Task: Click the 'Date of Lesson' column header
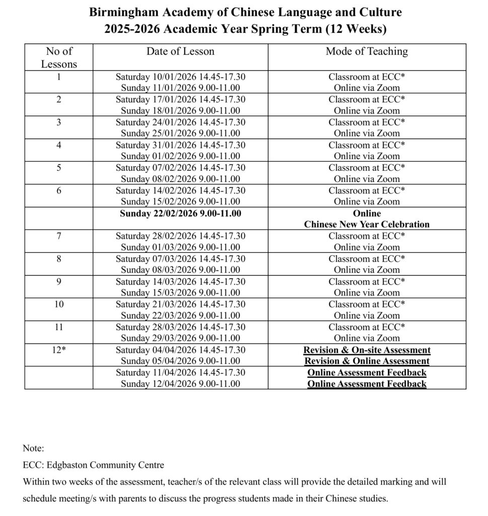(180, 51)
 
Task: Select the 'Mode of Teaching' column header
(367, 51)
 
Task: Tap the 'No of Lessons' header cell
(59, 57)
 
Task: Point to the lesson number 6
(59, 190)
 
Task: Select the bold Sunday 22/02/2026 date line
(180, 213)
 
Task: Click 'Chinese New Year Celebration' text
(367, 224)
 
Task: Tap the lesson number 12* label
(59, 350)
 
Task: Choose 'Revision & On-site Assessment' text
(367, 350)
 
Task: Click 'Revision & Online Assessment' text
(367, 361)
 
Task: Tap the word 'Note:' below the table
(34, 447)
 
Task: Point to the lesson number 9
(59, 281)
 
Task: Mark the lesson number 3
(59, 122)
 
